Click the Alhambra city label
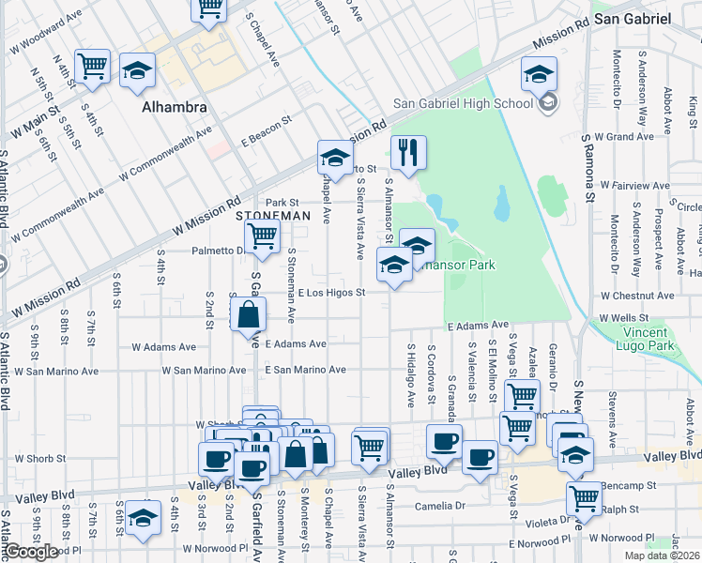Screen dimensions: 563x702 [x=174, y=108]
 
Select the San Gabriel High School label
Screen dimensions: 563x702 [x=463, y=103]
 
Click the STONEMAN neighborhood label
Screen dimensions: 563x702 [x=272, y=216]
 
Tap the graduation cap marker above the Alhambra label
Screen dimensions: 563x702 [x=137, y=72]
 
